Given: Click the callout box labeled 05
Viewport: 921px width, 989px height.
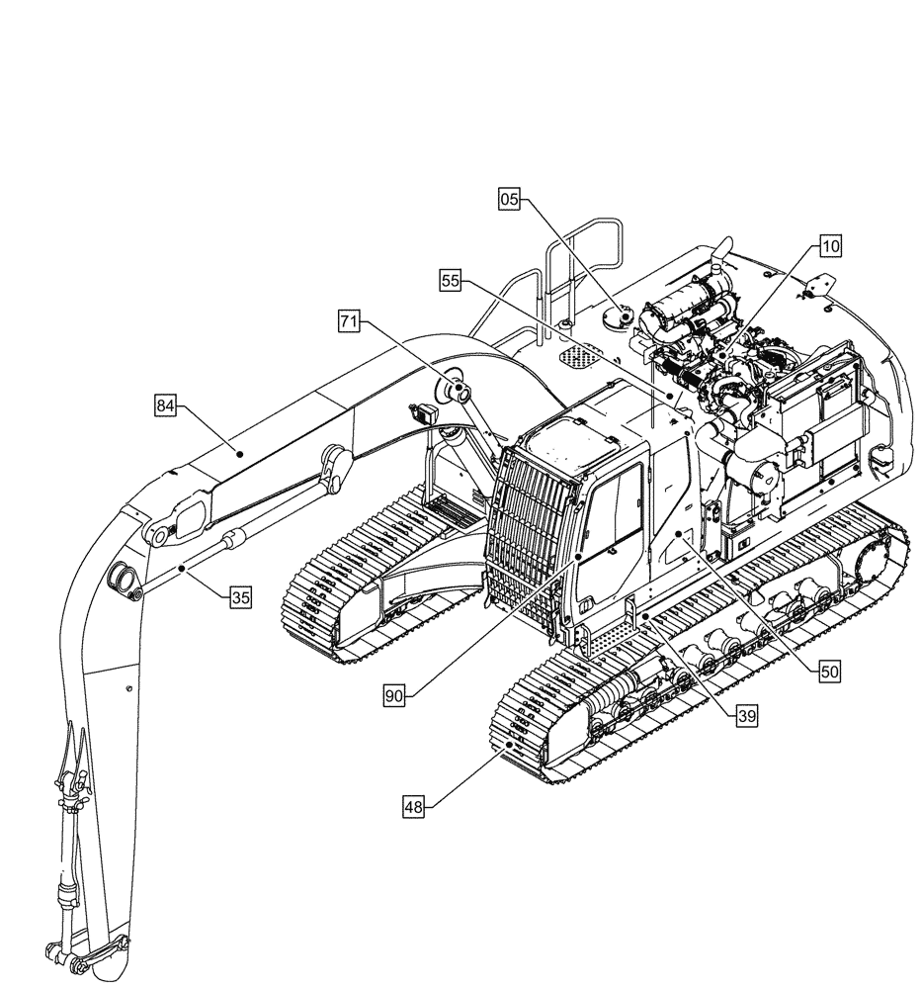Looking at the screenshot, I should coord(509,200).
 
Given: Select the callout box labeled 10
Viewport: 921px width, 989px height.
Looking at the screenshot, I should coord(829,244).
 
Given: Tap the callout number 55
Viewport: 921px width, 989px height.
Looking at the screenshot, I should coord(451,281).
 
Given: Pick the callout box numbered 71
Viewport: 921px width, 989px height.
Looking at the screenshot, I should coord(348,320).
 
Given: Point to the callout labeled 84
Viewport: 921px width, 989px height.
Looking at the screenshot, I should coord(165,405).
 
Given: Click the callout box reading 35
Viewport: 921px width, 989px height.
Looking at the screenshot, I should coord(241,597).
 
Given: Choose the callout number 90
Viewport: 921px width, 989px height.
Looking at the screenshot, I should coord(394,696).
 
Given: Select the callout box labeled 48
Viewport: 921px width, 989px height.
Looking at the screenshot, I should coord(413,807).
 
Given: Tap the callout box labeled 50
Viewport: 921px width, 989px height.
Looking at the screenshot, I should coord(829,670).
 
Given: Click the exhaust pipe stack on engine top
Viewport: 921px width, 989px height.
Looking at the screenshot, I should coord(717,257).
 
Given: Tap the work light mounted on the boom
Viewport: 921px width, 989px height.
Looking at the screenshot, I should coord(428,413).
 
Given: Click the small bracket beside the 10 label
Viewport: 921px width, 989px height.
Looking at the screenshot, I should coord(817,287).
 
